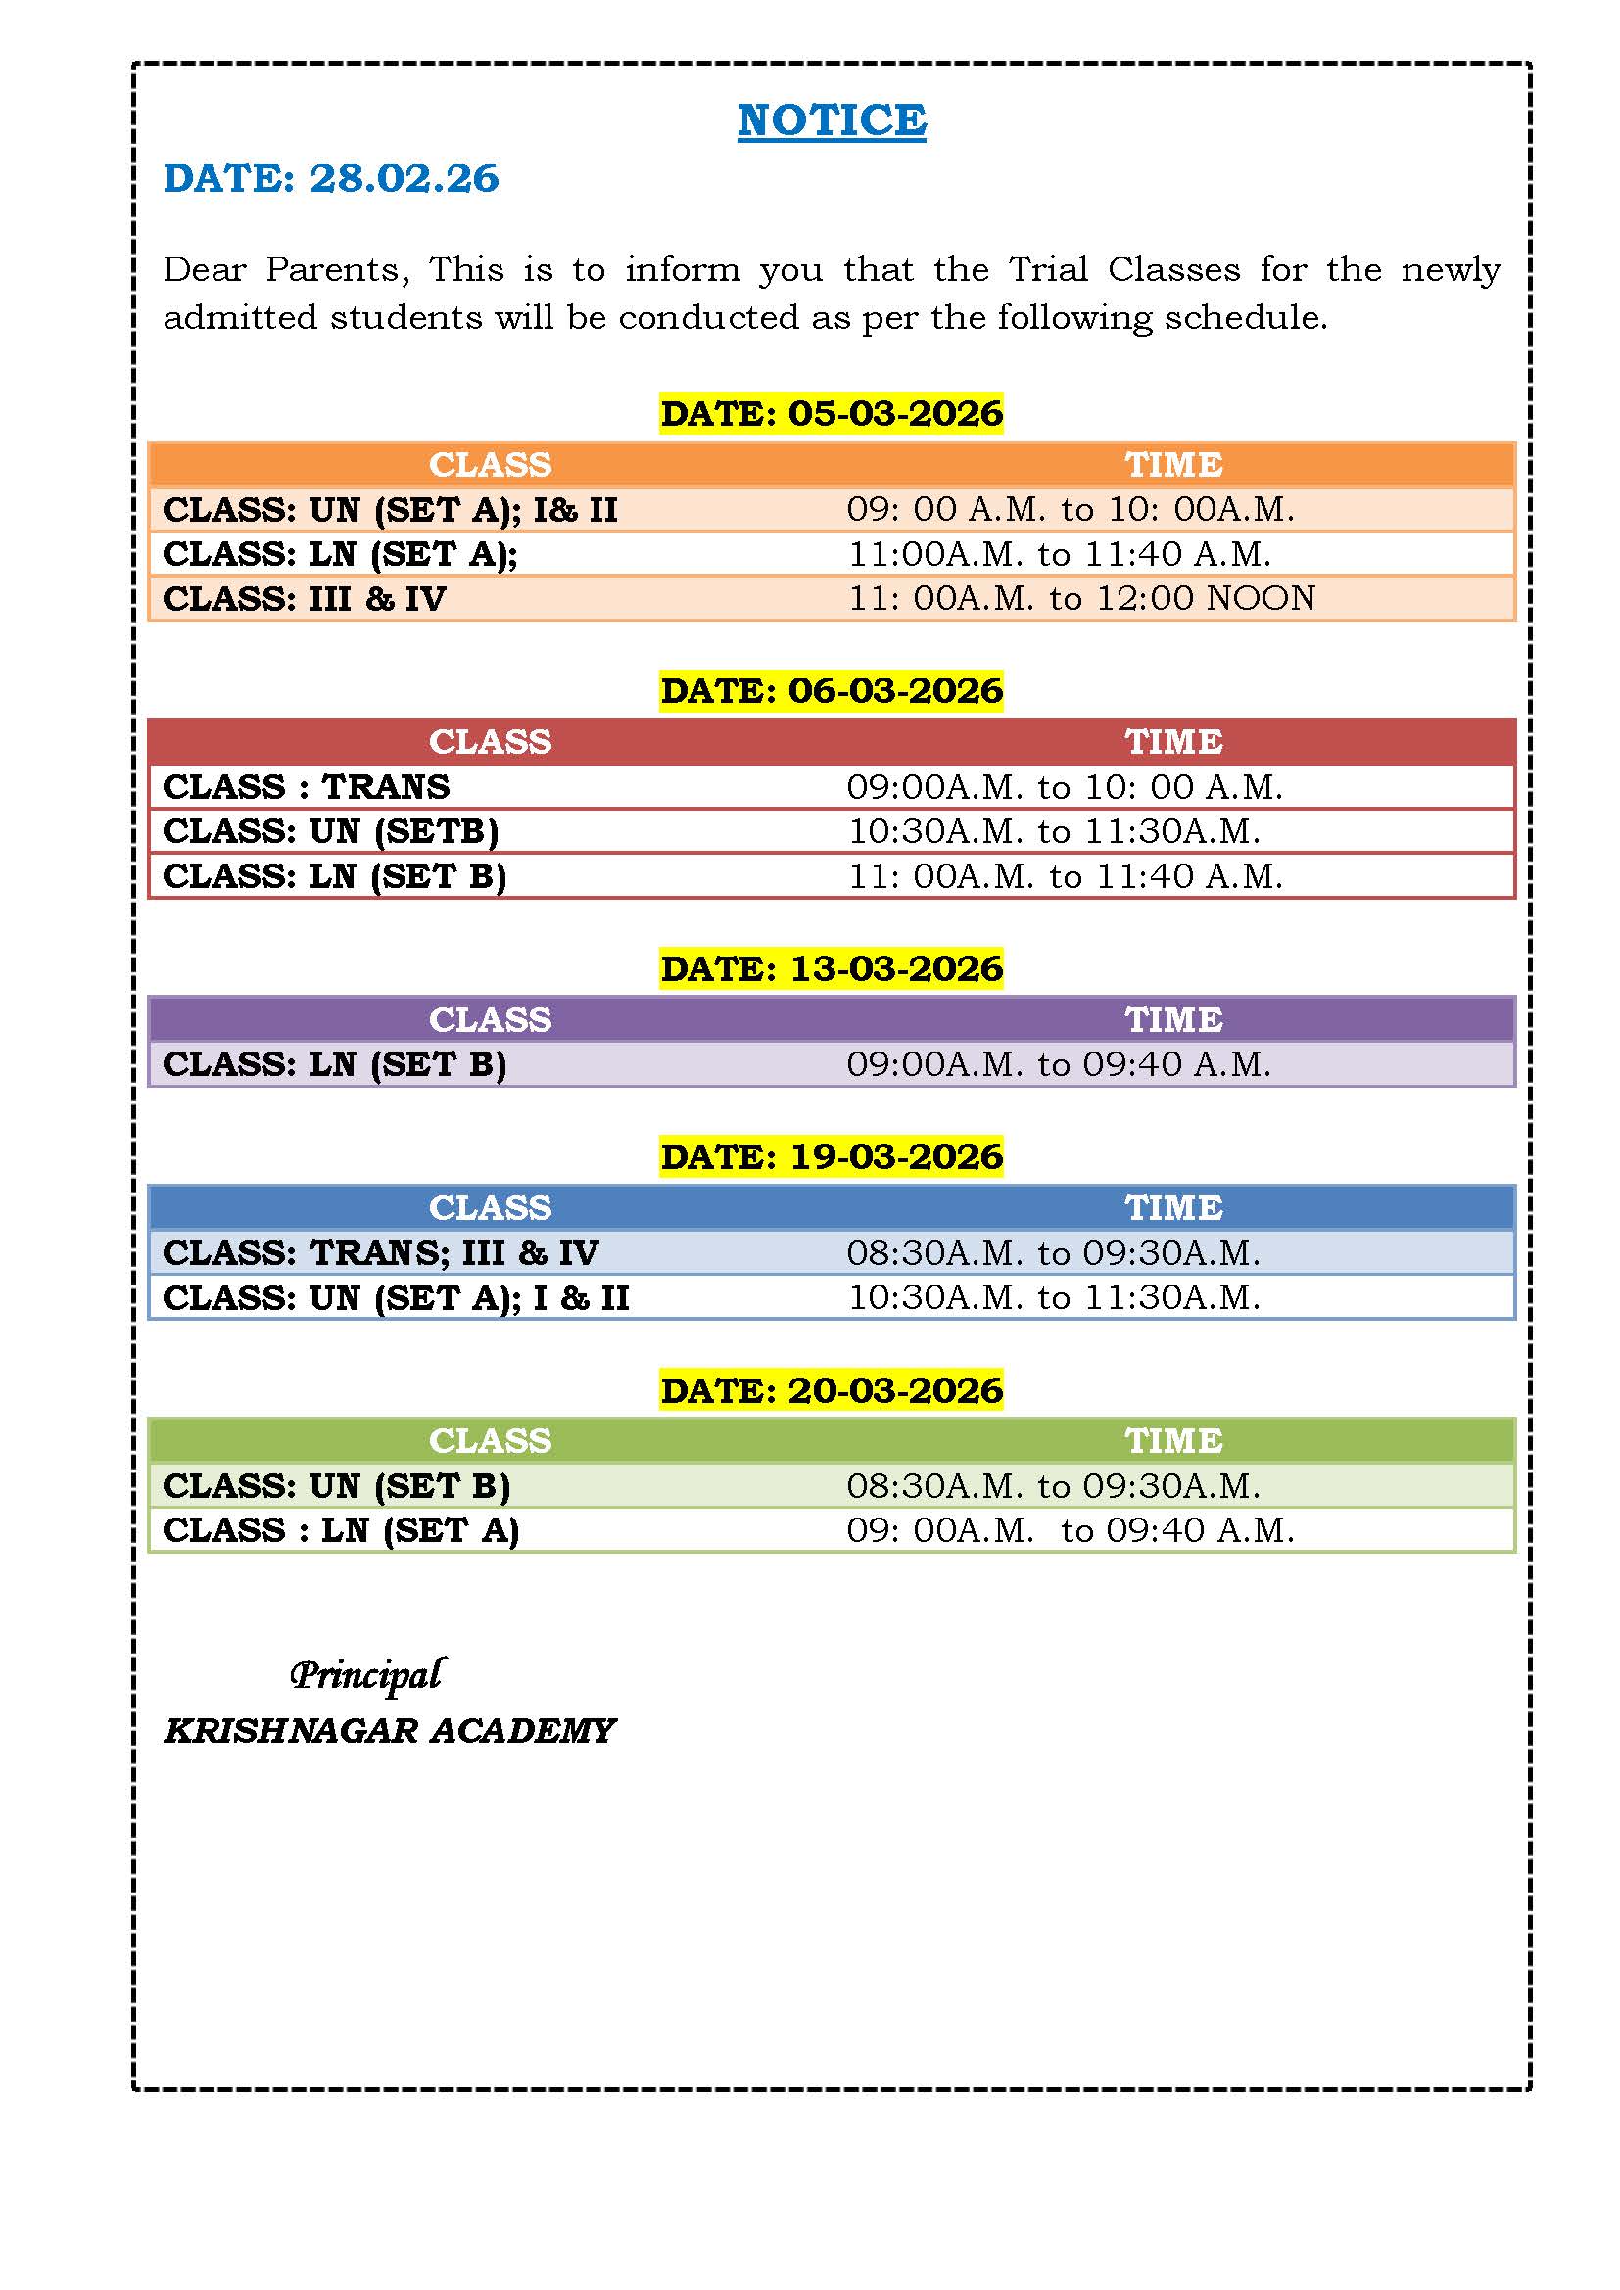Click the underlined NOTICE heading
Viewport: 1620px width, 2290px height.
pos(831,120)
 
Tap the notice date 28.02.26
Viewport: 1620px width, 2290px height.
pos(403,178)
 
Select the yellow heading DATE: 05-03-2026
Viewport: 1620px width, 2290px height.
pos(831,413)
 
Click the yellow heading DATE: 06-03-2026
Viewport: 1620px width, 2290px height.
pos(831,690)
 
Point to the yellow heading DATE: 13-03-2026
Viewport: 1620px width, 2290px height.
pos(831,967)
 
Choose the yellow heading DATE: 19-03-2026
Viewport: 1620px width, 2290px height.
pos(831,1156)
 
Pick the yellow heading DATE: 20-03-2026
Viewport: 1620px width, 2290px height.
pos(831,1389)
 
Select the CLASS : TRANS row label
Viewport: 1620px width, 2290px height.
pos(307,787)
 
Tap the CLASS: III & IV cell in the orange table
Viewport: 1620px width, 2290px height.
pos(305,598)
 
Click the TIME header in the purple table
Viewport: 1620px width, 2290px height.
pos(1173,1019)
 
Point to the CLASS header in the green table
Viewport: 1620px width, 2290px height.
pos(490,1440)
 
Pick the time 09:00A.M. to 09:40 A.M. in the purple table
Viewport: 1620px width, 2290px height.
pos(1059,1064)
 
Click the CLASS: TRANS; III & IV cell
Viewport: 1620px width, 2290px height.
pos(380,1253)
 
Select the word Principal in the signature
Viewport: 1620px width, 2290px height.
pos(366,1674)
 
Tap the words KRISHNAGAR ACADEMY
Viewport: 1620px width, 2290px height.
pos(389,1730)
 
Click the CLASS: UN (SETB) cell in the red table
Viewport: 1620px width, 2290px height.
pos(330,831)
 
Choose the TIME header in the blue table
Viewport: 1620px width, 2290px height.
pos(1173,1208)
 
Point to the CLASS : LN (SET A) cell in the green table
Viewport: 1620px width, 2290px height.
pos(340,1530)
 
